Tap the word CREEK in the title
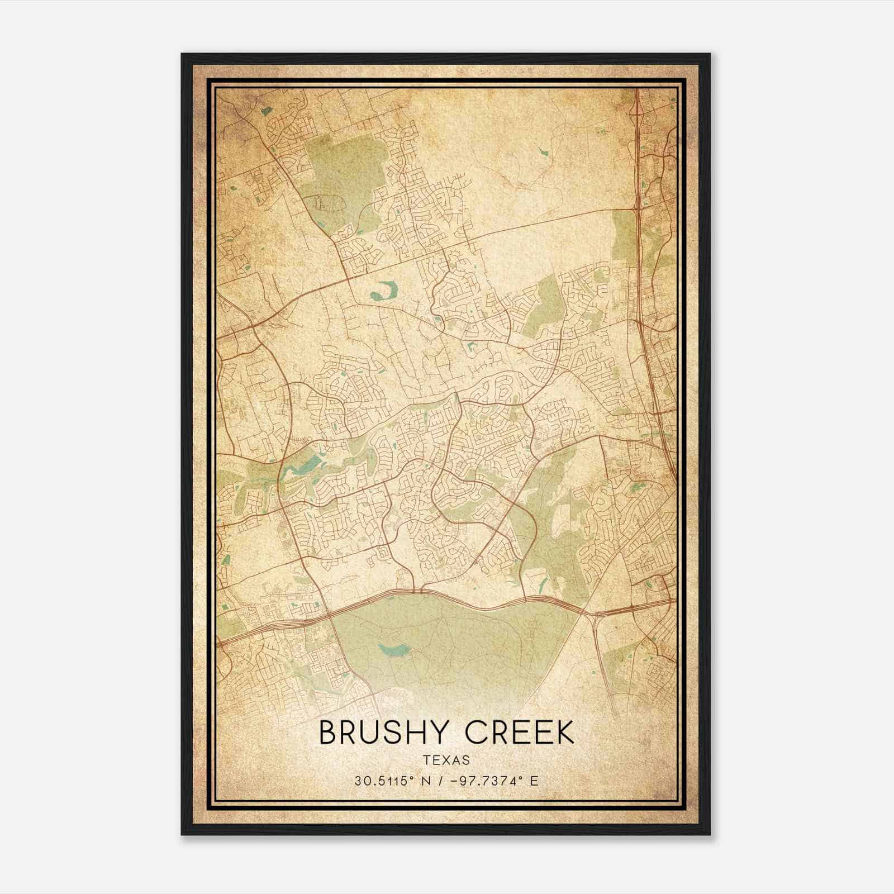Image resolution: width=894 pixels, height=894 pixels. tap(520, 733)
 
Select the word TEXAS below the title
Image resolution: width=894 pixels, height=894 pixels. tap(446, 760)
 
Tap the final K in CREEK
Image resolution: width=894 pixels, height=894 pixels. tap(565, 733)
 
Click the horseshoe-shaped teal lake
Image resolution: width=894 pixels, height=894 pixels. tap(383, 291)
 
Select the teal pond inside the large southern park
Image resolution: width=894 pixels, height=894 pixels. tap(394, 649)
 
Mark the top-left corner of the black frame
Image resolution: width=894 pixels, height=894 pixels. tap(182, 54)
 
